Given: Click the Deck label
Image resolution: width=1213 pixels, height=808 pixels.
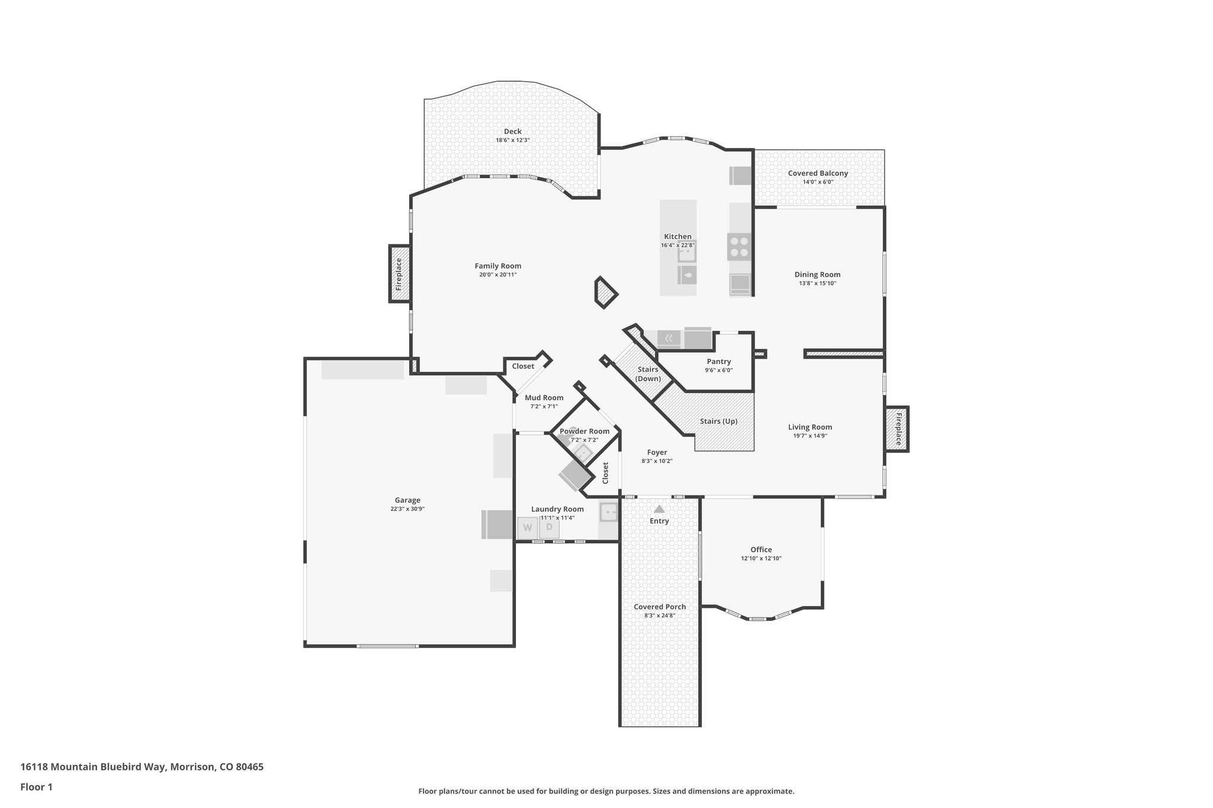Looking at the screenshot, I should (x=512, y=131).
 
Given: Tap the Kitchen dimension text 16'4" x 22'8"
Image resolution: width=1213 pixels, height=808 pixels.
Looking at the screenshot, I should (x=678, y=245).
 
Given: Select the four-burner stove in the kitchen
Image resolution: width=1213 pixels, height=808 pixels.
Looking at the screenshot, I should (x=739, y=246).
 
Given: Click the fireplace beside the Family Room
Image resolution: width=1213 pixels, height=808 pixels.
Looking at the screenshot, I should (x=399, y=273).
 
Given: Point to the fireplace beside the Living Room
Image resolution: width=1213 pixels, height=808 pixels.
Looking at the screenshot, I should (x=897, y=429).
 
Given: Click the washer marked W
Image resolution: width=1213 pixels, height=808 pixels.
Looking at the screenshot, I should (x=528, y=527).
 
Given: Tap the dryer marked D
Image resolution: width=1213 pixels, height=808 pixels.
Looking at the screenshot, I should (x=550, y=527).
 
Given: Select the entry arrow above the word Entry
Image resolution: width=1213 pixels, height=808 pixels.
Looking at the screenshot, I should (x=659, y=508).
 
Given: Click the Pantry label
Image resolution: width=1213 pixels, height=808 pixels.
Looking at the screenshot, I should (x=718, y=361).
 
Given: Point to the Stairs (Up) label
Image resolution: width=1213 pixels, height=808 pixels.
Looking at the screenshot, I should (x=718, y=421).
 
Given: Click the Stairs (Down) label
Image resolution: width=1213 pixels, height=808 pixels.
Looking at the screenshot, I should (x=648, y=374).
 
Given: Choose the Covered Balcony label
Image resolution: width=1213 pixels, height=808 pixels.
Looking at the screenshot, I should (x=817, y=173).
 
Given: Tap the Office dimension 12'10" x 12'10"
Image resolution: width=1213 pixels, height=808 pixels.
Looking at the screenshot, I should (x=761, y=558).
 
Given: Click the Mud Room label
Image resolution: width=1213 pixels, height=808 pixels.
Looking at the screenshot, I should (x=544, y=398).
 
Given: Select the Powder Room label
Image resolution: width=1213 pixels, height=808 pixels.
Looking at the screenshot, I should (x=585, y=431).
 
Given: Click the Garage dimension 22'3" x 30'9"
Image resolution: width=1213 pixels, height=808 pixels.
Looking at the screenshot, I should (x=407, y=508).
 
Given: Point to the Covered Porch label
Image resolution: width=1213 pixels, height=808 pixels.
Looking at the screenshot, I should (x=659, y=607).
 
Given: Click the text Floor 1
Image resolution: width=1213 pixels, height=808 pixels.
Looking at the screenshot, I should (x=36, y=787).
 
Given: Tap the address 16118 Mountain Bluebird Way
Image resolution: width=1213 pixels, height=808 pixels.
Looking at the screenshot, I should (x=93, y=767).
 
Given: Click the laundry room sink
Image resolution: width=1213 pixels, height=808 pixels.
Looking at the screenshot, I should (x=608, y=511).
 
